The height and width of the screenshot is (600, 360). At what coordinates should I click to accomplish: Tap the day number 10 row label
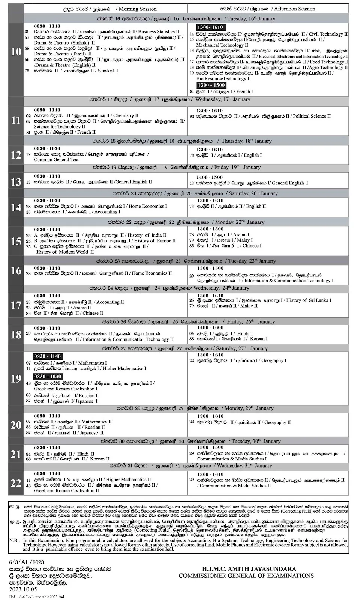16,52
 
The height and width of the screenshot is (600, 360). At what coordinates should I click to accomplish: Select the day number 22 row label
16,483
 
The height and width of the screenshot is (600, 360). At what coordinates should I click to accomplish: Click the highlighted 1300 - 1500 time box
211,85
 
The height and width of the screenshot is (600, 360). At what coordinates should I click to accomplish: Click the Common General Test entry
56,159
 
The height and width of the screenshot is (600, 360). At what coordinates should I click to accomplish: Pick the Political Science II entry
312,116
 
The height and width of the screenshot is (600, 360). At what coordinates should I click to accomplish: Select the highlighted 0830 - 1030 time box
47,376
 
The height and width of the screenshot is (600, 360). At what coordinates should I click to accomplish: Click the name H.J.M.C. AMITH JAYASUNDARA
246,569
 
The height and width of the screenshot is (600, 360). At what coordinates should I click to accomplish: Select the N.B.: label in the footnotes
15,540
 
